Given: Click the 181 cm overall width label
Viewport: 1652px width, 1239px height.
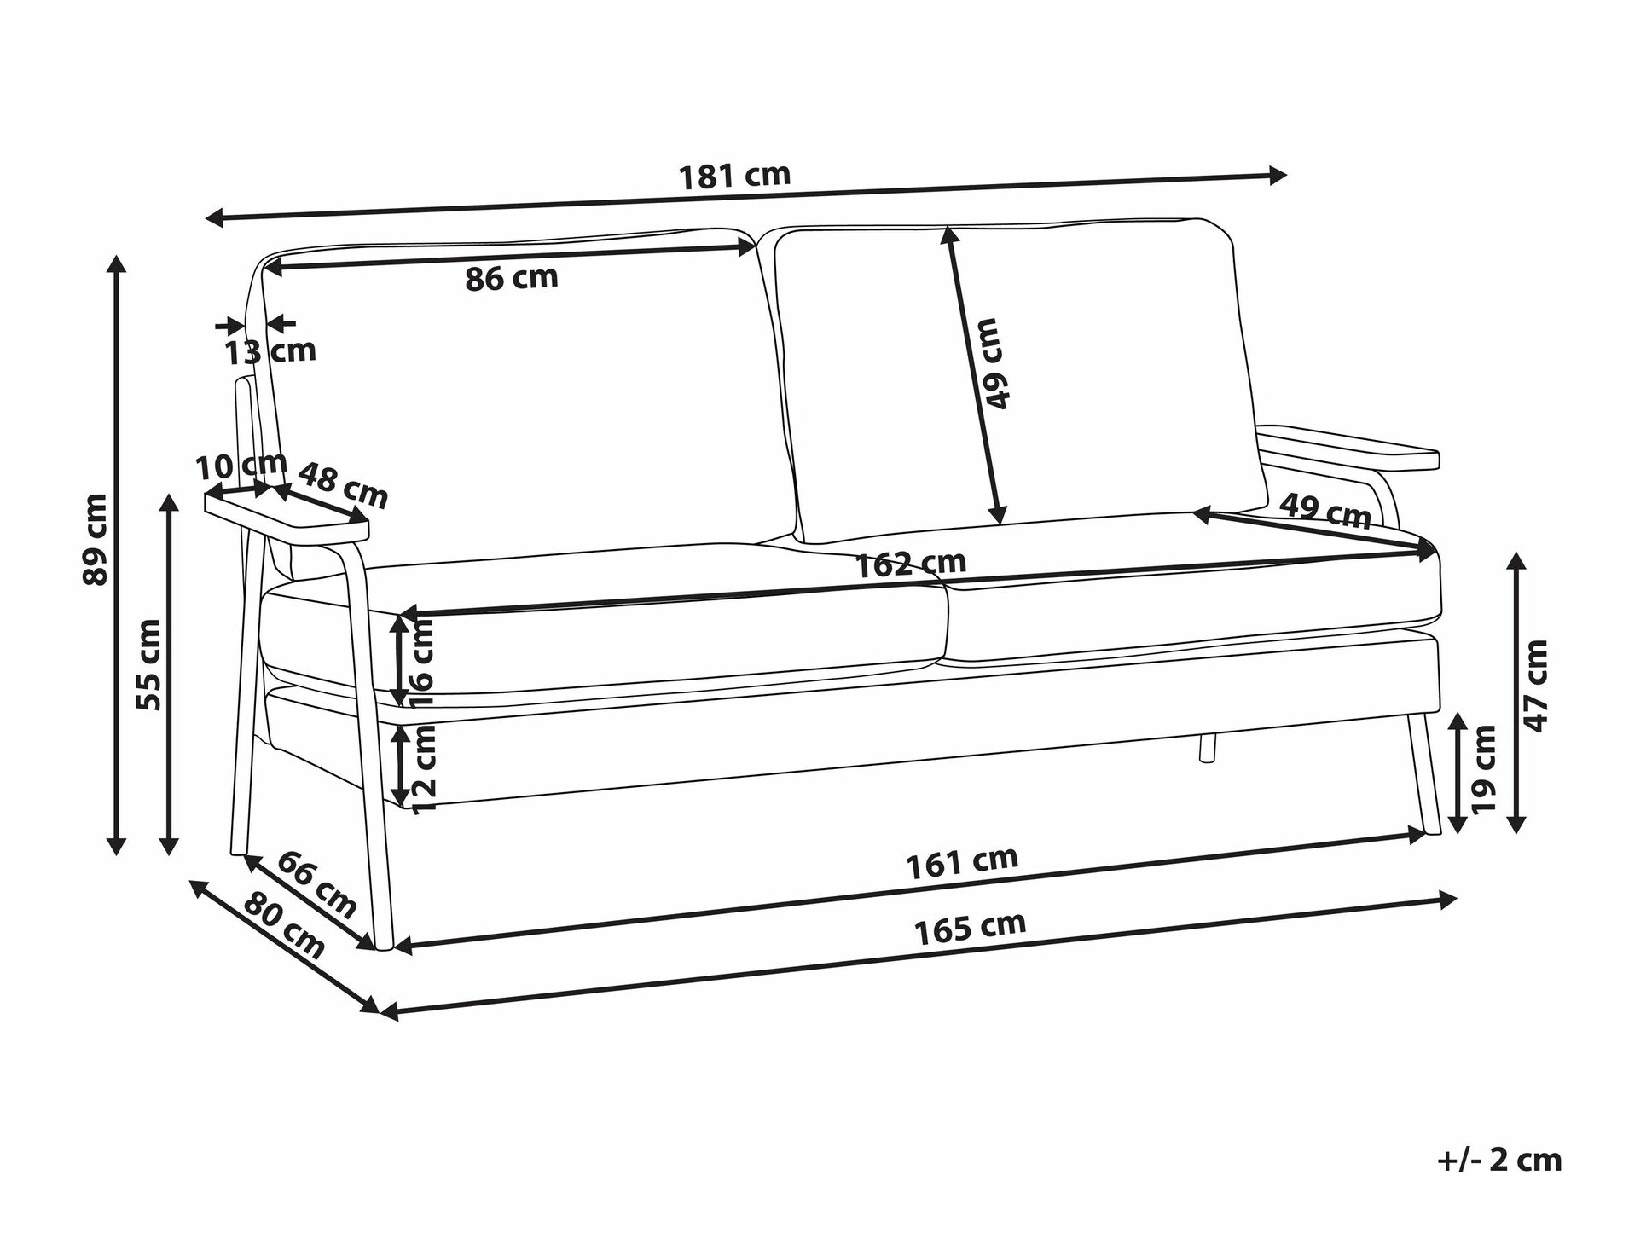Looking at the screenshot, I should pos(734,176).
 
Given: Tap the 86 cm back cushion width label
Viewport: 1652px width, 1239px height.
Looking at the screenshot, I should pos(512,278).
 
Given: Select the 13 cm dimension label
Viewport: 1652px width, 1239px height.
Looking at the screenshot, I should pos(270,350).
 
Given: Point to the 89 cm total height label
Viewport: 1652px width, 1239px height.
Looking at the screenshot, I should pos(96,539).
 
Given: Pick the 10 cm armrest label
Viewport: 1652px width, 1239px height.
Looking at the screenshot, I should pos(241,466).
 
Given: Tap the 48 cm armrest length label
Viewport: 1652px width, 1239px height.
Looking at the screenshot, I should pos(343,485).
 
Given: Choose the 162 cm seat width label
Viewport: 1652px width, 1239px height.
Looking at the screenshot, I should pos(910,564).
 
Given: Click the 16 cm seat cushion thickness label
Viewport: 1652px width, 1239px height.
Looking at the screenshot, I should pos(422,663).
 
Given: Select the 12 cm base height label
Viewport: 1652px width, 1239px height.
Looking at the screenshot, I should pos(424,767).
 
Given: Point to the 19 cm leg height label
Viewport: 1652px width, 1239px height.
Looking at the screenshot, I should pos(1484,767).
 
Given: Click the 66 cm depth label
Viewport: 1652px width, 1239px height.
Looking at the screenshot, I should pos(316,884).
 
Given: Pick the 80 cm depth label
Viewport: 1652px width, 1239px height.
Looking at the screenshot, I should pos(284,926).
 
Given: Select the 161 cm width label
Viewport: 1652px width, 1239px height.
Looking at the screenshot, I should pos(961,862).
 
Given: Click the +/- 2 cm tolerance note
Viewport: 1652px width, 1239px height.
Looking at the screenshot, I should pos(1499,1161).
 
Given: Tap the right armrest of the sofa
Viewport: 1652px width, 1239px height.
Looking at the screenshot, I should pos(1348,449).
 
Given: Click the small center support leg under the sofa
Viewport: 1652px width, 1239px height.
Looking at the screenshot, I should pos(1207,747).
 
